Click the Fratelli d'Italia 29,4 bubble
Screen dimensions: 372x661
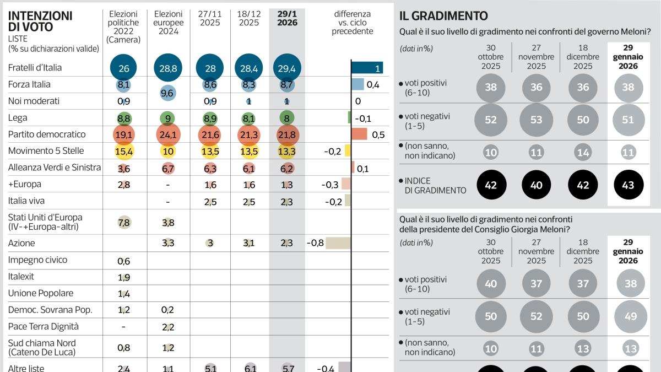[x=287, y=68]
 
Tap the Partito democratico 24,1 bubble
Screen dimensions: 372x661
[x=168, y=134]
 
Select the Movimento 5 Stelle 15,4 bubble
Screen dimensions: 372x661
[x=124, y=151]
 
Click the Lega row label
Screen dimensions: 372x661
[x=18, y=118]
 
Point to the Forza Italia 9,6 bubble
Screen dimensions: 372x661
[x=168, y=93]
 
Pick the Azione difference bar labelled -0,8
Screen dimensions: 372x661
[x=338, y=243]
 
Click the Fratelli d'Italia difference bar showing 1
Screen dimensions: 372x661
[x=367, y=68]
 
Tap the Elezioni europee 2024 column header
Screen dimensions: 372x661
[x=169, y=23]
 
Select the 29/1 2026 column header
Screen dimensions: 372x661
[x=287, y=18]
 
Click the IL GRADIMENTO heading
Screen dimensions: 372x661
[x=443, y=17]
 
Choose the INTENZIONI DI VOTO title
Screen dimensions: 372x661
[x=40, y=21]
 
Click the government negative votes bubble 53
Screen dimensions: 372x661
[x=537, y=120]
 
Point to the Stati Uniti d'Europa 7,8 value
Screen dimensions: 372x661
[x=124, y=222]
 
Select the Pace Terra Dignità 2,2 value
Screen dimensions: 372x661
[x=168, y=327]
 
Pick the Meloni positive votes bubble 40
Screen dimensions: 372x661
[x=490, y=284]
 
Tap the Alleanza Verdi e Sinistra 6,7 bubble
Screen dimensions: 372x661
[x=168, y=168]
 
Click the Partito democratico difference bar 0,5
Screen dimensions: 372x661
[x=359, y=134]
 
